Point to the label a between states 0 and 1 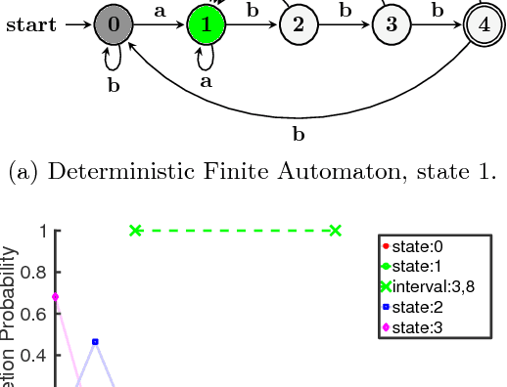click(160, 13)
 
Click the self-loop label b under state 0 click(114, 85)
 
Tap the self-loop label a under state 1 click(206, 82)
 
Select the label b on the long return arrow click(298, 132)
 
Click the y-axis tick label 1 click(43, 231)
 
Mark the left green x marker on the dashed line click(136, 231)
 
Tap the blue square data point click(95, 341)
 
